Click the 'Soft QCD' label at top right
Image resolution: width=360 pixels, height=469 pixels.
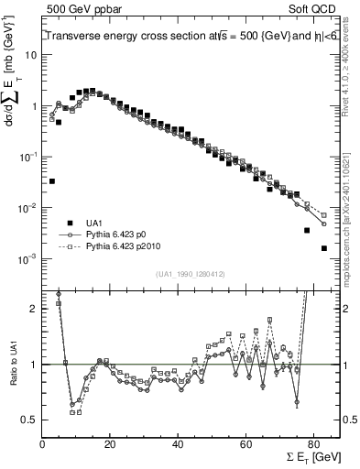click(x=311, y=8)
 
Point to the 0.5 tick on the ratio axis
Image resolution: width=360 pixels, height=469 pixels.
click(x=28, y=420)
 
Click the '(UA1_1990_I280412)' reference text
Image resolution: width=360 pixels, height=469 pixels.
click(x=191, y=273)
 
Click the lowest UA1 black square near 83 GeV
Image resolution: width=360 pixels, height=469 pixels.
click(x=323, y=248)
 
